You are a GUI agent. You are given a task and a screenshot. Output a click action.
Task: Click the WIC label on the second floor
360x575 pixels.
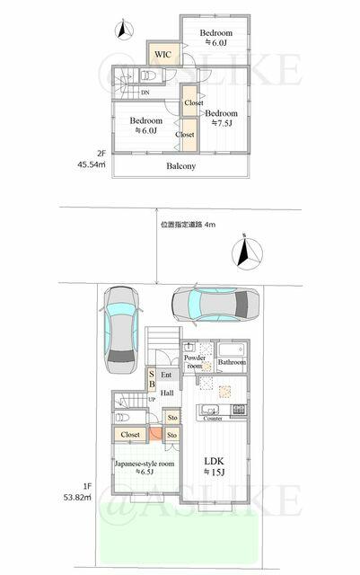[162, 55]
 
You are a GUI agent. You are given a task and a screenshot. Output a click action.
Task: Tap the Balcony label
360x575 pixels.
[180, 166]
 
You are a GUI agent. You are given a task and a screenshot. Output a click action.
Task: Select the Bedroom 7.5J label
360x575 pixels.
[222, 118]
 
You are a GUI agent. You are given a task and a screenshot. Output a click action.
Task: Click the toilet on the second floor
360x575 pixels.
[148, 76]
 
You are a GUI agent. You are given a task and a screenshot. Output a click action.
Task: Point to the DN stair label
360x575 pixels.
[145, 93]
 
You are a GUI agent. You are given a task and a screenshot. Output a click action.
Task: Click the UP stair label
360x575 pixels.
[152, 399]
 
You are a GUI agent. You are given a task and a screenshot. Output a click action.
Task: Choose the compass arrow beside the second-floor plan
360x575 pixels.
[124, 31]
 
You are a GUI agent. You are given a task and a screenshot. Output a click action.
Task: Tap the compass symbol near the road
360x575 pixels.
[247, 252]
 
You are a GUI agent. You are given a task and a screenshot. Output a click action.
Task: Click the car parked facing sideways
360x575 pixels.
[215, 304]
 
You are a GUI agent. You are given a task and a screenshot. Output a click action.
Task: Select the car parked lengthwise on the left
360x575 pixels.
[121, 330]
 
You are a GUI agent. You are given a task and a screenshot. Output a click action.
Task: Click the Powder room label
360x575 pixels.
[195, 361]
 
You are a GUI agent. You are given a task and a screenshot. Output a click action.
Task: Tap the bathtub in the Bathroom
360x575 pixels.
[231, 349]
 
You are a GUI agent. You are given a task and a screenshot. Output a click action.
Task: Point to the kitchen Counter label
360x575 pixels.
[213, 419]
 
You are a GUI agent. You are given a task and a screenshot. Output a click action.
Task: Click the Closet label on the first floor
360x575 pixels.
[130, 435]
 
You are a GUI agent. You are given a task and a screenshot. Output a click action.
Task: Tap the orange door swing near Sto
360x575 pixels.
[156, 433]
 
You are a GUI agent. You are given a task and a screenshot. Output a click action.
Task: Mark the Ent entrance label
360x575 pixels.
[166, 375]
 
